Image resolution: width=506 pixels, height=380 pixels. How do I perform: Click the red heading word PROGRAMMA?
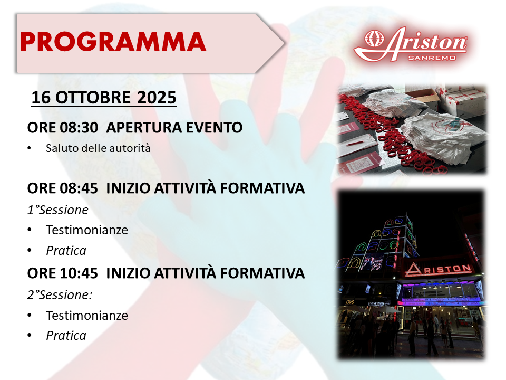click(113, 42)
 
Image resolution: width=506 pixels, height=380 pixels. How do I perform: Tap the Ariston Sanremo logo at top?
click(411, 44)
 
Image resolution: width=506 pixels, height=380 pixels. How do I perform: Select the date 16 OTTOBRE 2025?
click(104, 98)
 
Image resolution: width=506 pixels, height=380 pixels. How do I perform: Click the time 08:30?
click(79, 128)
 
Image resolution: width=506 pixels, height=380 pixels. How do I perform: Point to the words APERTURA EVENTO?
click(174, 128)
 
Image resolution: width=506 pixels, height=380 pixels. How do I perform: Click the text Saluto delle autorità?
click(98, 148)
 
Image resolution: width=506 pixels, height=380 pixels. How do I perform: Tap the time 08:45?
click(79, 188)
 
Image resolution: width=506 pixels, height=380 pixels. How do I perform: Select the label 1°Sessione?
click(58, 210)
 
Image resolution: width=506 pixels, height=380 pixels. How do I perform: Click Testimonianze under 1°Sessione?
click(87, 230)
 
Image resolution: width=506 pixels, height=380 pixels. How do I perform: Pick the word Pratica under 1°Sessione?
click(66, 251)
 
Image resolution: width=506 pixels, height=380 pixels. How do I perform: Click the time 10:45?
click(79, 273)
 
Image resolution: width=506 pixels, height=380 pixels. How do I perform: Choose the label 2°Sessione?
click(60, 295)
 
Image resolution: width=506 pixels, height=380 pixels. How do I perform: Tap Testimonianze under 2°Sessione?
click(87, 316)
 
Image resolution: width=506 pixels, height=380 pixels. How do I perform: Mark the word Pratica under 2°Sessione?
click(66, 336)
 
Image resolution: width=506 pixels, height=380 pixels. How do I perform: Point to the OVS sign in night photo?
click(350, 302)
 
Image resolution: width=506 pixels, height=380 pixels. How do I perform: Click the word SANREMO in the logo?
click(432, 58)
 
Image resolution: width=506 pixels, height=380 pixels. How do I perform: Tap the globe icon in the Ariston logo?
click(374, 39)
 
